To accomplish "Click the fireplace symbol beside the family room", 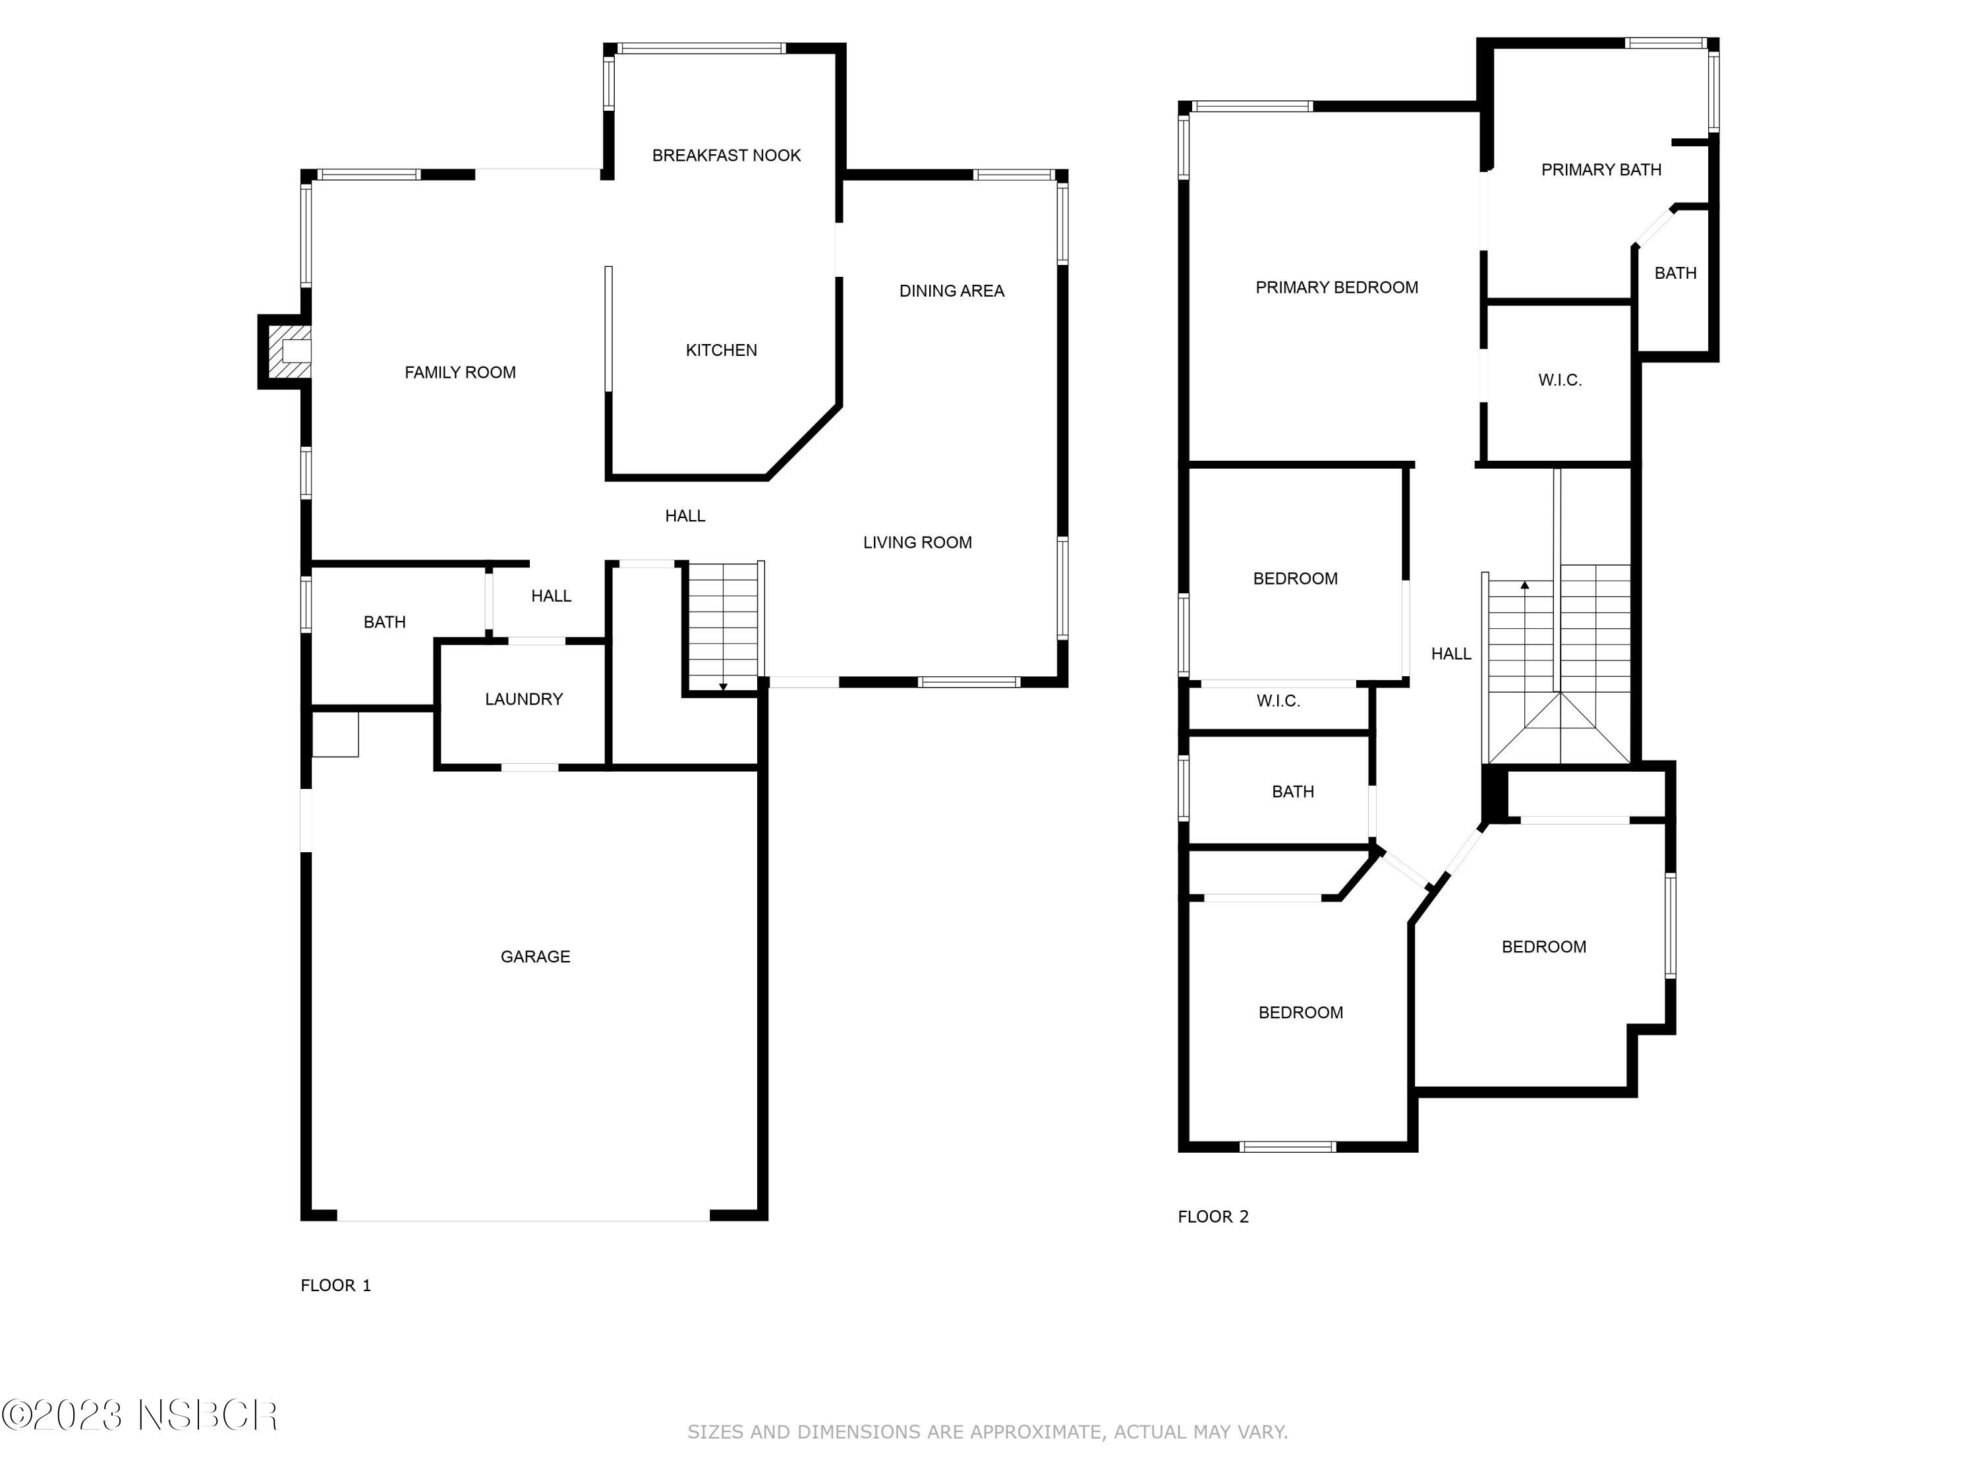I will click(289, 351).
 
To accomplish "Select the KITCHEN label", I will click(720, 351).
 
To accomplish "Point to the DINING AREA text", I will click(951, 291).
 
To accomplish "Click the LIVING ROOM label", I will click(917, 542).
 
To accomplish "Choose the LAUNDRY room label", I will click(524, 699).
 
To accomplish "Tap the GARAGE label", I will click(534, 956).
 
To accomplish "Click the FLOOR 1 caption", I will click(335, 1285).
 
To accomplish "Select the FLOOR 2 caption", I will click(1213, 1217).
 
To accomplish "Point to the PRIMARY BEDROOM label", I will click(1336, 288).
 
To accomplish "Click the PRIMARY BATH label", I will click(1601, 170).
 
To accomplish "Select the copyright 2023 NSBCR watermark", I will click(140, 1415).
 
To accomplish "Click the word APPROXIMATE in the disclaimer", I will click(1035, 1432).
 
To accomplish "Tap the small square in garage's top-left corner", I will click(335, 734).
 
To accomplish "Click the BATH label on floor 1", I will click(384, 622).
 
